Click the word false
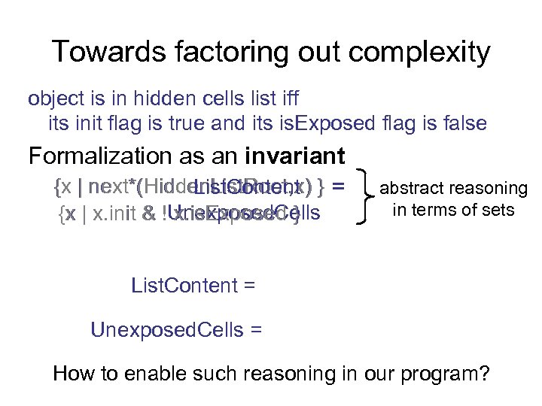[461, 123]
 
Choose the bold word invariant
[295, 156]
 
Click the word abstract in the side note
[415, 189]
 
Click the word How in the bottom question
[71, 374]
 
